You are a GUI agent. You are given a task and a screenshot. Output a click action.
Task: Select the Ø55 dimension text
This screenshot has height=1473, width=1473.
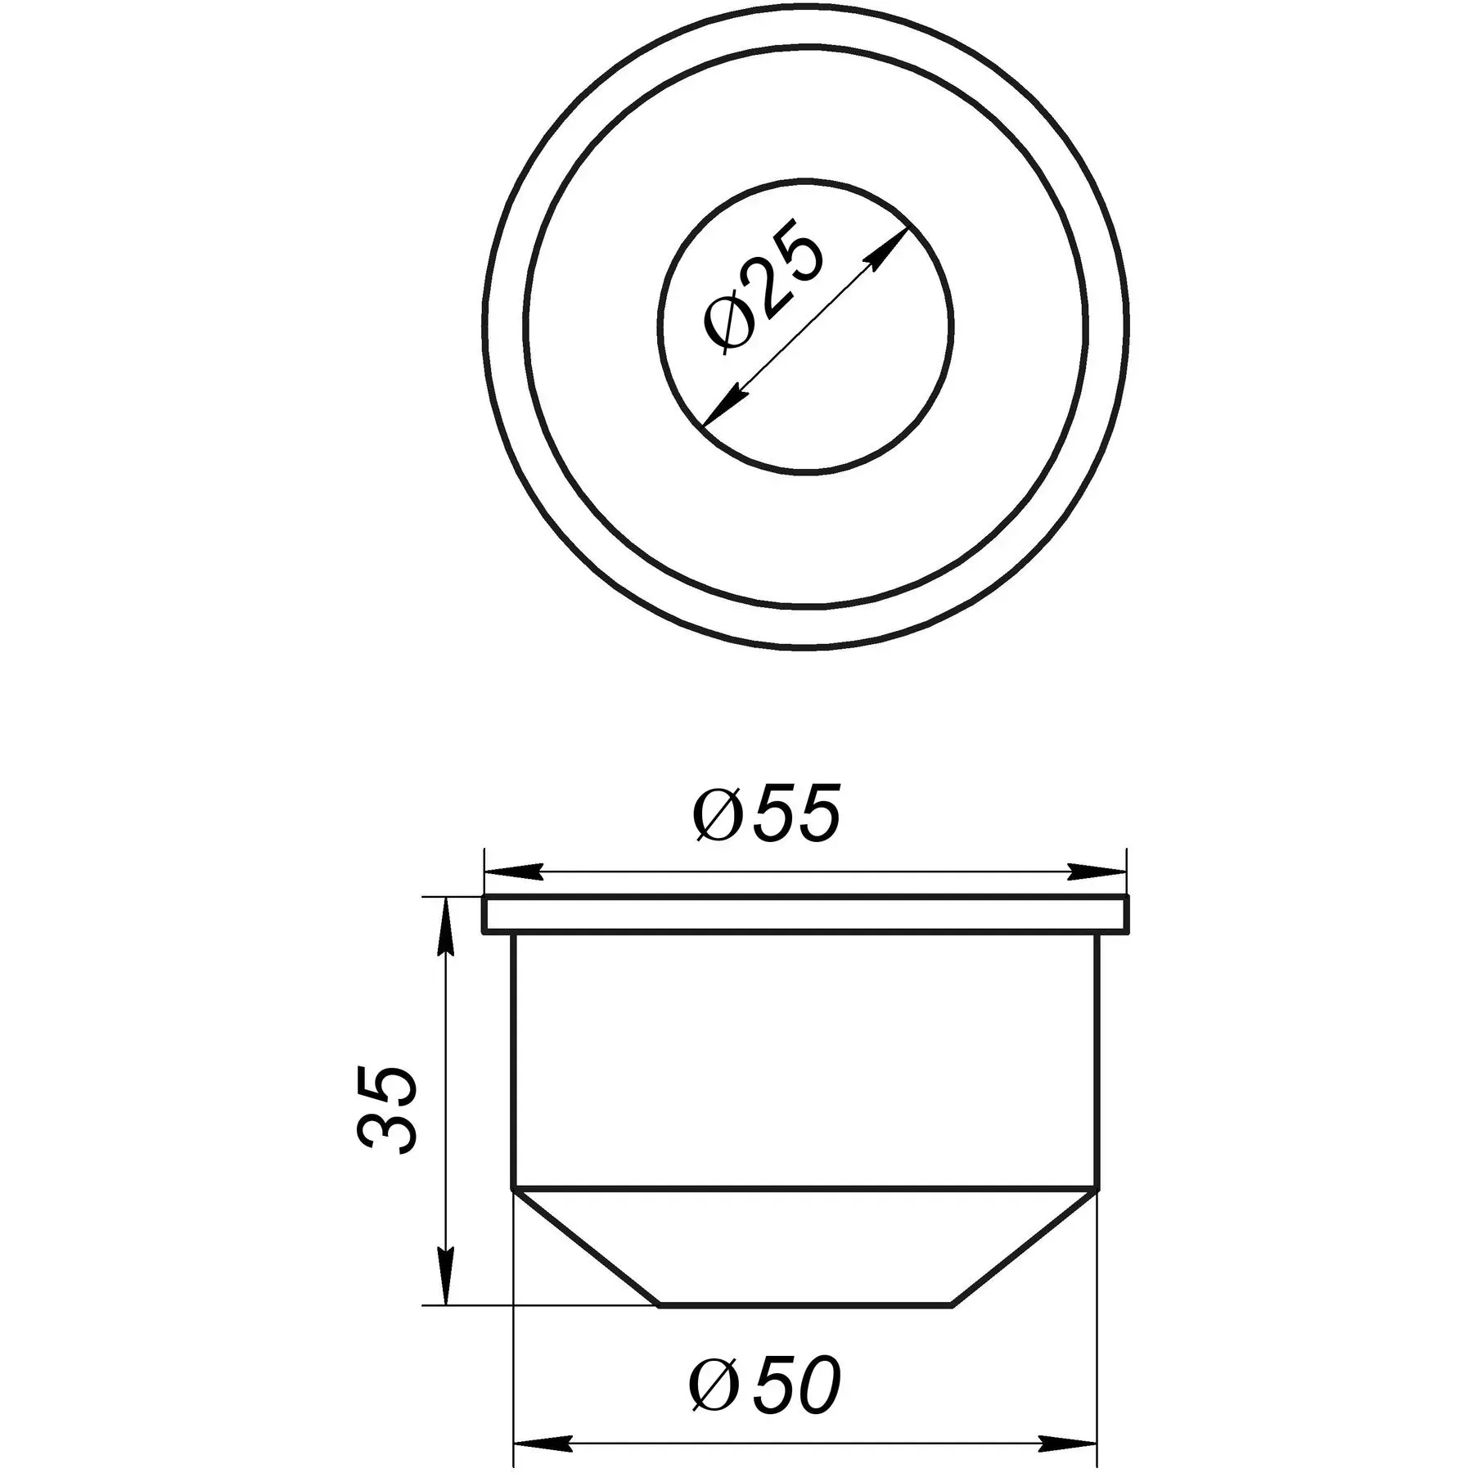click(767, 814)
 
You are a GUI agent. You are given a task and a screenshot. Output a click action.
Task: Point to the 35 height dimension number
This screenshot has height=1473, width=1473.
click(387, 1109)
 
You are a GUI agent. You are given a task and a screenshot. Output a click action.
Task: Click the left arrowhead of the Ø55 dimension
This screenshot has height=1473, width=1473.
click(514, 871)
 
